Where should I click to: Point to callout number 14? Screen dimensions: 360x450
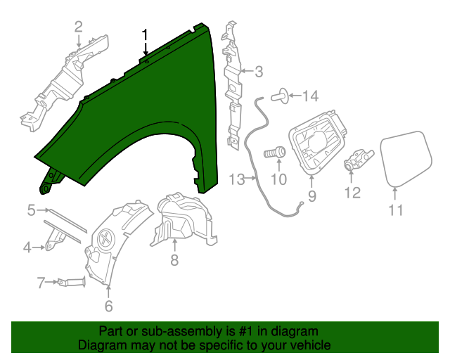pos(310,96)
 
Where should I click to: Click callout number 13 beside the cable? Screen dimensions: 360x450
pos(236,179)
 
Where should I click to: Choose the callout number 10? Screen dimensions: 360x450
pos(278,179)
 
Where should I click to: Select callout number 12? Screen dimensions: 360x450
pos(352,192)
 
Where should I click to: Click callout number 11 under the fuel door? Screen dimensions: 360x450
pos(397,210)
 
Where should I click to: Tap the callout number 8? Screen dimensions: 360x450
pos(174,261)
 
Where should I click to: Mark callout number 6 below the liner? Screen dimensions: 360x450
pos(108,306)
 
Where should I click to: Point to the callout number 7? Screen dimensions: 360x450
pos(41,283)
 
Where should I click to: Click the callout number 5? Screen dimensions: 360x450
pos(32,210)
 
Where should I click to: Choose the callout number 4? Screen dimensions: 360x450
pos(28,247)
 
